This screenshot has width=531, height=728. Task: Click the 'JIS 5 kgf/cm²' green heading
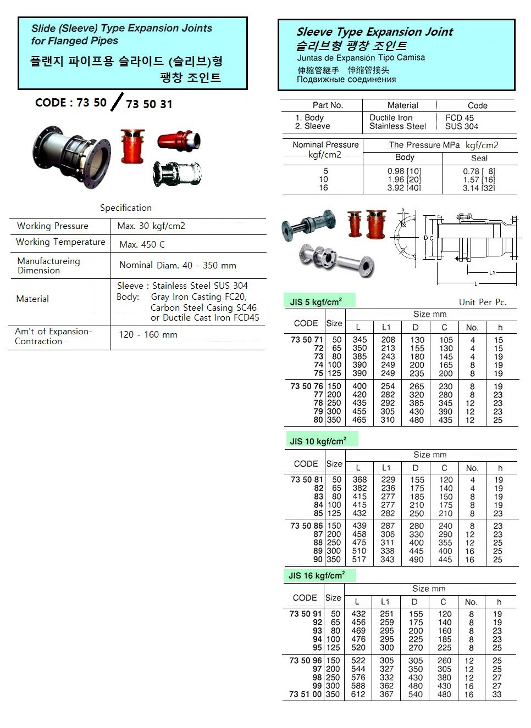316,301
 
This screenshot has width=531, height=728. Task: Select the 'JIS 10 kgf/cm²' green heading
318,441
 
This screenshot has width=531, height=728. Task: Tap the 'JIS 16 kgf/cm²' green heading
317,575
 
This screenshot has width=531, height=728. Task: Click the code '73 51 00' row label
305,694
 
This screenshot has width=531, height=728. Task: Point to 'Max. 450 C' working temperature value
142,244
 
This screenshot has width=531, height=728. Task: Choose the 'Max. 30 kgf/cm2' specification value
151,226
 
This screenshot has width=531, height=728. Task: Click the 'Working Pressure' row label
53,226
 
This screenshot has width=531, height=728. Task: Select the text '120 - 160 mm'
148,334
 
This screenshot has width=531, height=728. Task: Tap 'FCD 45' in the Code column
460,117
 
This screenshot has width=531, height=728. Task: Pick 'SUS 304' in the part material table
462,126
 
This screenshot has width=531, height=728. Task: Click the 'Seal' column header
479,158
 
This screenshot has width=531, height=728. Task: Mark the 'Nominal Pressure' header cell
325,144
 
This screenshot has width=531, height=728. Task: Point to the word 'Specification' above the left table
126,208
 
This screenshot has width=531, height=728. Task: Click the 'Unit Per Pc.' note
483,302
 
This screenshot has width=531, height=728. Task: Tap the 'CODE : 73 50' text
70,103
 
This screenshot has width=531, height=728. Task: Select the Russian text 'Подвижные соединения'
346,79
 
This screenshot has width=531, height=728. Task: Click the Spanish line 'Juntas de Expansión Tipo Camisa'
361,57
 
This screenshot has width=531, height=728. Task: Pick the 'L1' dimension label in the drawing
492,272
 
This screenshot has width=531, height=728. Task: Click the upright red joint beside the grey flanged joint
132,145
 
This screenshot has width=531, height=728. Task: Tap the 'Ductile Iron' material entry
391,117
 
